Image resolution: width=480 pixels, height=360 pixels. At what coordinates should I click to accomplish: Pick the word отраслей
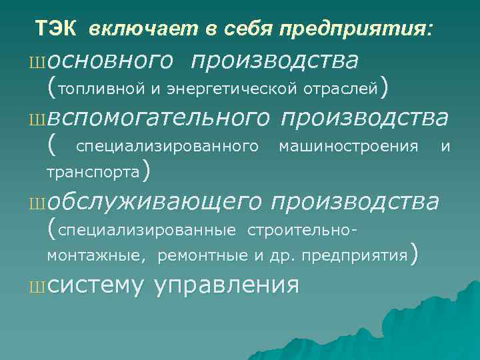341,87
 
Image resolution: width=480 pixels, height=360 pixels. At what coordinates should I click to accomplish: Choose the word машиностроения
348,145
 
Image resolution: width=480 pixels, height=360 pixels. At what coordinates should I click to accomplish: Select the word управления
226,285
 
